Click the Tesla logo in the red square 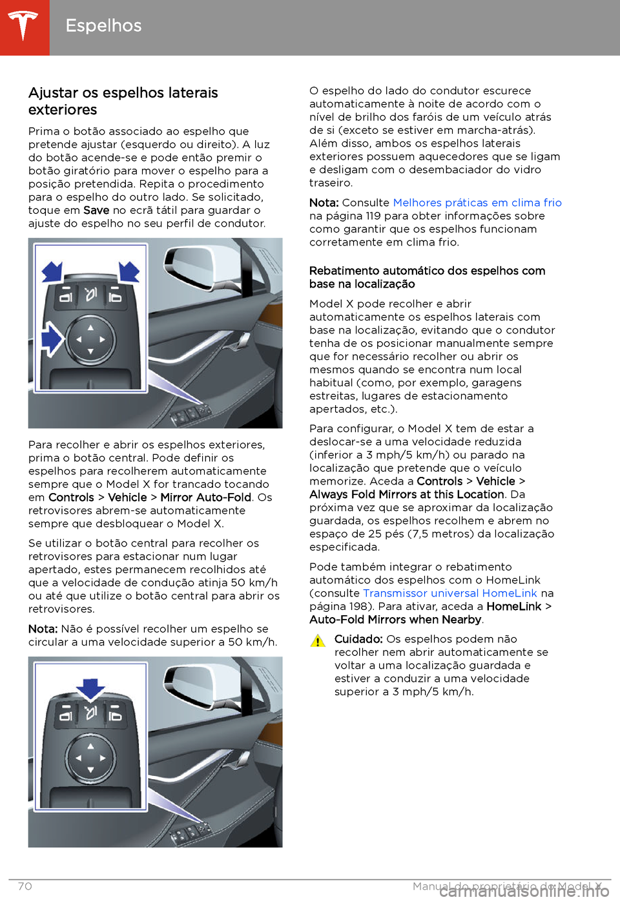24,26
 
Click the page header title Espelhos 103,26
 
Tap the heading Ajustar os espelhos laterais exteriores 123,101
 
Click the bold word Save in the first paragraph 96,211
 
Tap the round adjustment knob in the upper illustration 90,339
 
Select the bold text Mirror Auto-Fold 205,498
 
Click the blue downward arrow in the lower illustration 91,689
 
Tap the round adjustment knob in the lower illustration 90,758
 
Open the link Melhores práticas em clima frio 477,203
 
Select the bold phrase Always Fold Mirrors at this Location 406,495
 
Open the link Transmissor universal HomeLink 449,594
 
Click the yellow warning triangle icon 318,641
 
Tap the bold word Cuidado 358,640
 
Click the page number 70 25,886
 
